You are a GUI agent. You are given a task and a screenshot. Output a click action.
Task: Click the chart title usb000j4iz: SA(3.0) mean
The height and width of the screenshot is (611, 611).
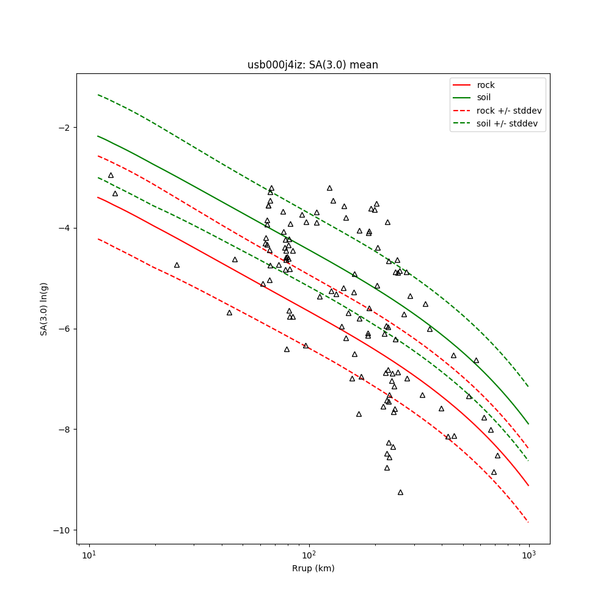coord(312,65)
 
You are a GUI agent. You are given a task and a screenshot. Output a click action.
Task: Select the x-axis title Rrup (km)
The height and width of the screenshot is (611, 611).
coord(313,568)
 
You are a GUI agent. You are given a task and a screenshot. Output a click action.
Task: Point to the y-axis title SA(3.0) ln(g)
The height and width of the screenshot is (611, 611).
coord(44,309)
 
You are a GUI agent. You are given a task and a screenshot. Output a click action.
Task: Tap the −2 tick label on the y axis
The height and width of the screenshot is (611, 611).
coord(64,128)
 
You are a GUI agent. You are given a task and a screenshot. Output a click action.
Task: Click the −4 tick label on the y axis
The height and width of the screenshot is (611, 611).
coord(64,228)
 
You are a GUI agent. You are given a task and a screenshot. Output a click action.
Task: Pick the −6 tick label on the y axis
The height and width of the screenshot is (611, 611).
coord(64,329)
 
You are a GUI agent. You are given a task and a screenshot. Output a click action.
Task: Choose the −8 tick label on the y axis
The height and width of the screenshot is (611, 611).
coord(64,429)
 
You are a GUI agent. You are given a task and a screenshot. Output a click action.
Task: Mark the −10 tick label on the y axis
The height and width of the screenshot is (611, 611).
coord(61,530)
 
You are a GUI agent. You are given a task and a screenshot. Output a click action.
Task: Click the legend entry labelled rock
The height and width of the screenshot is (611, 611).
coord(486,85)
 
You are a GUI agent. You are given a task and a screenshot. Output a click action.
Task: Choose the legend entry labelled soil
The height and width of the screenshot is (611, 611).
coord(483,98)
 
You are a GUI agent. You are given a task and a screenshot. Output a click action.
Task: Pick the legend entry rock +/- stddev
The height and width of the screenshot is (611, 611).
coord(509,111)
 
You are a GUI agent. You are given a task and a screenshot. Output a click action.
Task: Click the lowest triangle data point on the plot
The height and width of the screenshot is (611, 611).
coord(400,492)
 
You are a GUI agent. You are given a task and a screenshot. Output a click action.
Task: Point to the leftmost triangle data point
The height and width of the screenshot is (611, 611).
coord(111,175)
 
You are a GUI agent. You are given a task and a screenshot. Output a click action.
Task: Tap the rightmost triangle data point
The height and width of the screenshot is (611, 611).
coord(497,455)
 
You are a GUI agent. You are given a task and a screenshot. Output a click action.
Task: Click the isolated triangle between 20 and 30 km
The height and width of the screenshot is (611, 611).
coord(177,265)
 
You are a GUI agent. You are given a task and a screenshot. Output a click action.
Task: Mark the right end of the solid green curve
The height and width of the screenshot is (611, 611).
coord(529,424)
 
